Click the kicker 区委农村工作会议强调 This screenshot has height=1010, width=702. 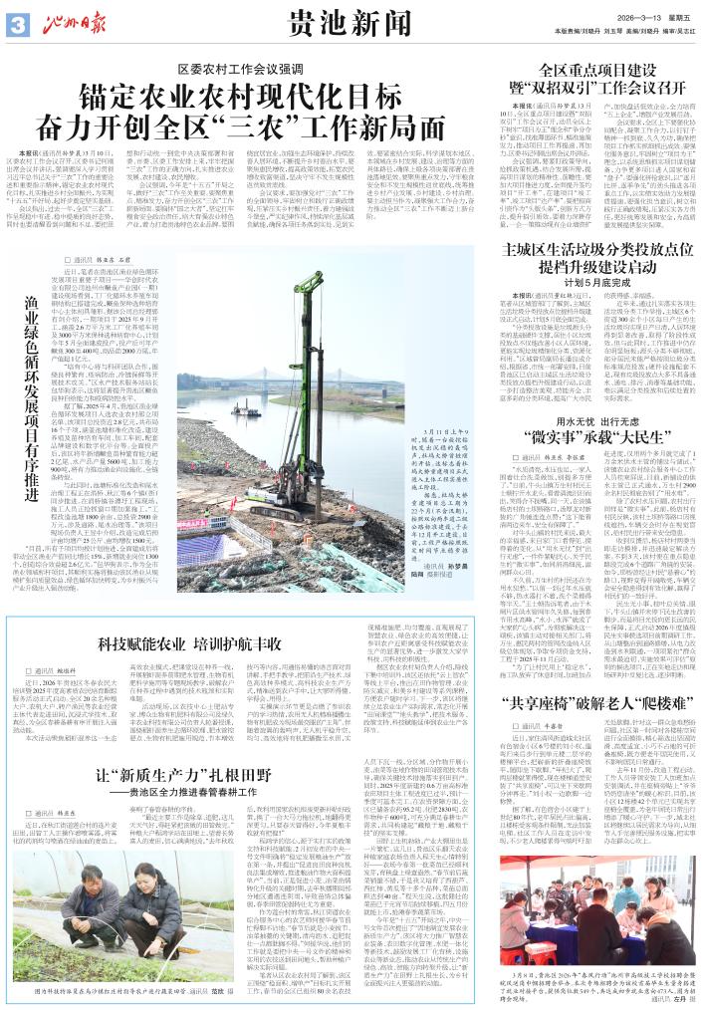234,70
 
